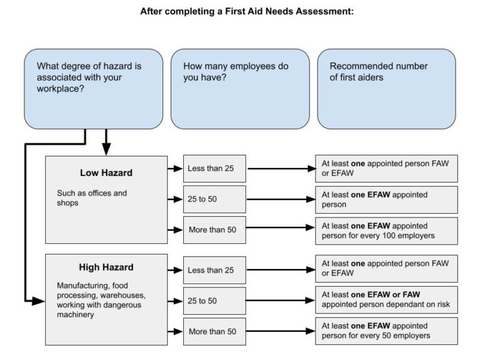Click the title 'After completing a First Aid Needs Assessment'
[247, 11]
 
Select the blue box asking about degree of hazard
[94, 89]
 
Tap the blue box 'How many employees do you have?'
[240, 89]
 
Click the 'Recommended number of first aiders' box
[386, 89]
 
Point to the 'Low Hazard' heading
[106, 173]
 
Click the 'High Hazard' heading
[106, 267]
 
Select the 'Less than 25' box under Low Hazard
[214, 168]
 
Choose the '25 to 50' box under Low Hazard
[214, 199]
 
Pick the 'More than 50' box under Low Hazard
[214, 230]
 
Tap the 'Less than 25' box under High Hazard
[214, 270]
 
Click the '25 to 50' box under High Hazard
[214, 301]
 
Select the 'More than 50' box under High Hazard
[214, 331]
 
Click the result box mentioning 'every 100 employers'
[386, 231]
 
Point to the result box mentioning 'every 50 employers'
[386, 331]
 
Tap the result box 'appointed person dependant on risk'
[386, 300]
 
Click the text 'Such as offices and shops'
[92, 198]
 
